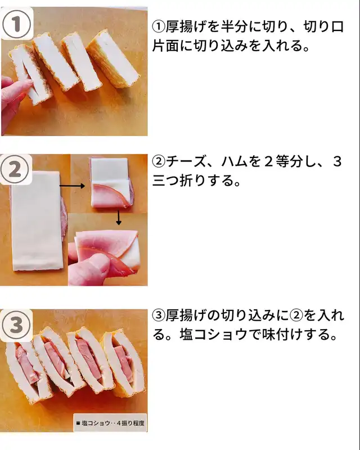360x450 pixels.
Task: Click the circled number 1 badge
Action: point(16,24)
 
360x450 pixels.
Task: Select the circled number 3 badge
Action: point(16,325)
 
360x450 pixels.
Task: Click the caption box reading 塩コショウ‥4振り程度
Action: point(110,422)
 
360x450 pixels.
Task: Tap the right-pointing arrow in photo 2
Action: point(72,186)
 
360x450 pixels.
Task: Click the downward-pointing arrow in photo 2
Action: point(119,218)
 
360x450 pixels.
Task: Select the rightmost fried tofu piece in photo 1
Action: point(113,60)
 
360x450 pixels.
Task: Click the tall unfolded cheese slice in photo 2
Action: point(36,221)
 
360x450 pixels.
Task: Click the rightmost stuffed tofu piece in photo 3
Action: point(124,362)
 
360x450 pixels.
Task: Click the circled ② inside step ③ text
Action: point(296,316)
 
